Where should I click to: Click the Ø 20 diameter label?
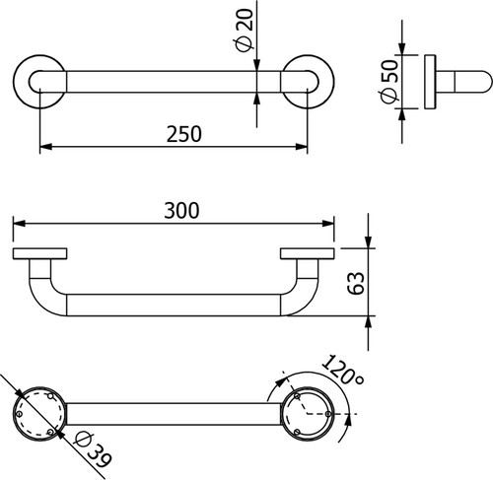click(245, 31)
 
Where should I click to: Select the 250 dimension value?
click(184, 134)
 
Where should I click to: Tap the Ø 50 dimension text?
click(389, 81)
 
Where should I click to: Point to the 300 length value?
click(181, 210)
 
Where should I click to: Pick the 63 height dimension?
click(356, 283)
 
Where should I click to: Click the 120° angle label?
click(342, 370)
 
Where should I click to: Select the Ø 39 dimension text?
click(93, 450)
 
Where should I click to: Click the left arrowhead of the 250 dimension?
click(45, 147)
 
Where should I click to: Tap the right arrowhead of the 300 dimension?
click(328, 224)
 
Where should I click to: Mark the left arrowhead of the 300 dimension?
click(19, 224)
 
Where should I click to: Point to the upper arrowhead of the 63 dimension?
click(368, 242)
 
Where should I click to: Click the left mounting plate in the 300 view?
click(40, 253)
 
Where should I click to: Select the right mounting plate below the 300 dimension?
click(308, 253)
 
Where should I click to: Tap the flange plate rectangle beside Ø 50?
click(430, 82)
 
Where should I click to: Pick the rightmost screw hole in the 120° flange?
click(328, 414)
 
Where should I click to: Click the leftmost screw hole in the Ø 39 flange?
click(19, 414)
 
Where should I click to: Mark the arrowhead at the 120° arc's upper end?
click(281, 381)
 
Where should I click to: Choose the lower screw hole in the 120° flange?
click(297, 432)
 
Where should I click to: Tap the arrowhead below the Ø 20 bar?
click(257, 99)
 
